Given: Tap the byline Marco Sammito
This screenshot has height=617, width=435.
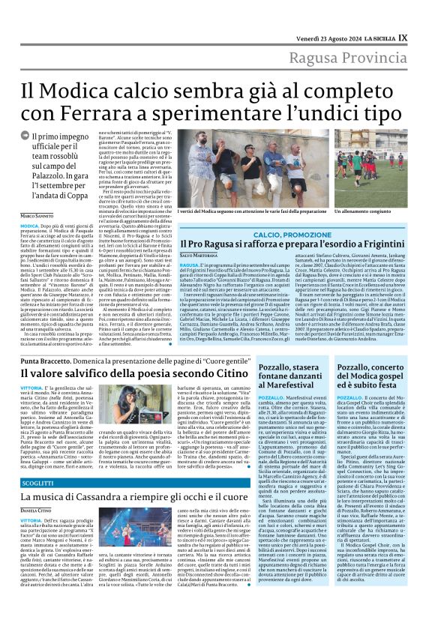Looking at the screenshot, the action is click(37, 216).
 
